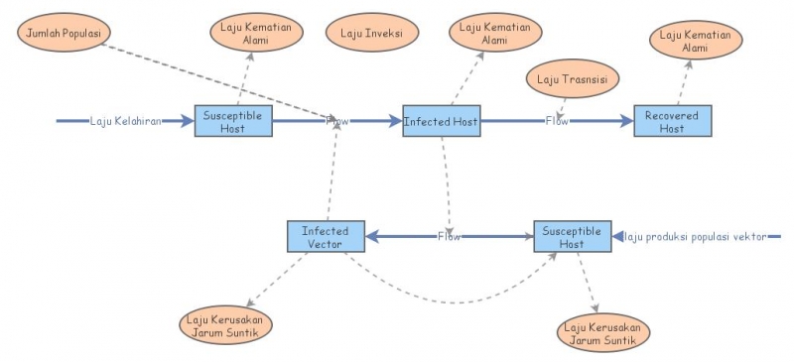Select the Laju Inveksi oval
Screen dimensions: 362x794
[x=370, y=33]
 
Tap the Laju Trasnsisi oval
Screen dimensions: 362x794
[x=572, y=78]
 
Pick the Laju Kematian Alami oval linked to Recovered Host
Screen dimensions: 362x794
[x=695, y=42]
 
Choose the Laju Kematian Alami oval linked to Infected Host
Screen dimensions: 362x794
[x=493, y=33]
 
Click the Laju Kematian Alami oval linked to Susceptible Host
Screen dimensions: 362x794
[x=254, y=33]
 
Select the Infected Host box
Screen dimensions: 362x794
[x=441, y=121]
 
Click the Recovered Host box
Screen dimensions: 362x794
[x=672, y=121]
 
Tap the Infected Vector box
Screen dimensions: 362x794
[x=325, y=236]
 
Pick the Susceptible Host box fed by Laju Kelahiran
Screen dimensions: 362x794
[x=232, y=121]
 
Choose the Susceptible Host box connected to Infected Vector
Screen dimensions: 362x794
[x=572, y=236]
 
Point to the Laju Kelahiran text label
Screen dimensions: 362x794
[x=125, y=121]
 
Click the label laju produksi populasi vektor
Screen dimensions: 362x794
[x=698, y=236]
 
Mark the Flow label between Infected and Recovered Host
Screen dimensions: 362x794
[x=556, y=121]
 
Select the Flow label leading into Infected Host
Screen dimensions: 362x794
[x=338, y=121]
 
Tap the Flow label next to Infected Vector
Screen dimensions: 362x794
[x=449, y=236]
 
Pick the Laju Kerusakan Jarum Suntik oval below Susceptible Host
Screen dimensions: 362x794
[x=601, y=334]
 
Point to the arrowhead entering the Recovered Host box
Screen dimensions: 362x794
[x=626, y=121]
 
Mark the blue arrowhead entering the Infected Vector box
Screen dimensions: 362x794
[x=371, y=236]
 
